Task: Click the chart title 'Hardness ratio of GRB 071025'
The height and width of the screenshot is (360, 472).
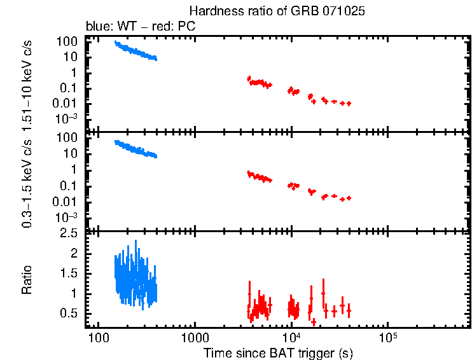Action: [277, 11]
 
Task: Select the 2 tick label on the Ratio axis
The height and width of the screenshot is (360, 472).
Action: [74, 253]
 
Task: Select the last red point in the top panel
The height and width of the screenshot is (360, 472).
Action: [349, 103]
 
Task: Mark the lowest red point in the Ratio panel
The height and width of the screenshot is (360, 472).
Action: [314, 322]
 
